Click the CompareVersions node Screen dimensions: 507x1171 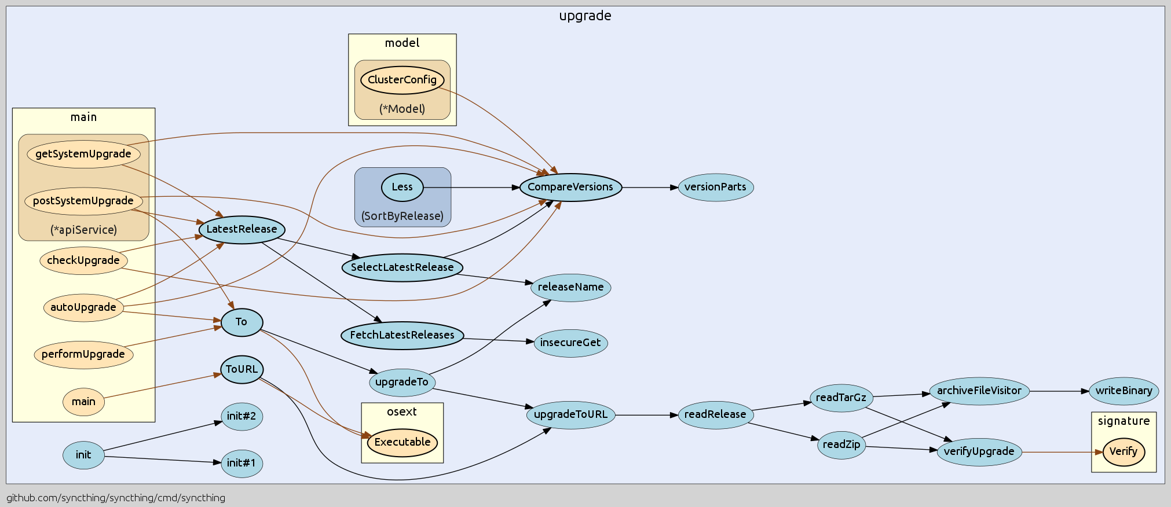pos(570,187)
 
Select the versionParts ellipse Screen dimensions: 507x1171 pos(715,187)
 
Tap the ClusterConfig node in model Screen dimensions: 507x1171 pos(402,80)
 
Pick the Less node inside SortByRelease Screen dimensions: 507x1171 pos(402,187)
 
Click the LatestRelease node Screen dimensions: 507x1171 pos(241,229)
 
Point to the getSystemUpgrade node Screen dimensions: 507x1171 pos(83,154)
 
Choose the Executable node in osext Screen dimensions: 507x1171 pos(402,442)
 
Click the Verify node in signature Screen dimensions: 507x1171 pos(1124,451)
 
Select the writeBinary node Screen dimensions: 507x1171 pos(1124,391)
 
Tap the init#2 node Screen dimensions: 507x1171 pos(241,416)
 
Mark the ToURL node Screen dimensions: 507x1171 pos(241,369)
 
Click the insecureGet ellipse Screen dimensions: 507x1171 pos(570,343)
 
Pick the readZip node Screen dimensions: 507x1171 pos(841,444)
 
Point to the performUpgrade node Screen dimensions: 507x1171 pos(83,354)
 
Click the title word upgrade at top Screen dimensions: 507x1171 pos(585,16)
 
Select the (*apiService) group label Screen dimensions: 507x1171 pos(83,230)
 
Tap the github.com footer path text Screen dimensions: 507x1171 pos(116,498)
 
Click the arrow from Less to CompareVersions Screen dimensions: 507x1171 pos(469,188)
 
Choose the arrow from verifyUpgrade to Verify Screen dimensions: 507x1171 pos(1060,452)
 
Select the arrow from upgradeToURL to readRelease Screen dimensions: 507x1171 pos(646,415)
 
